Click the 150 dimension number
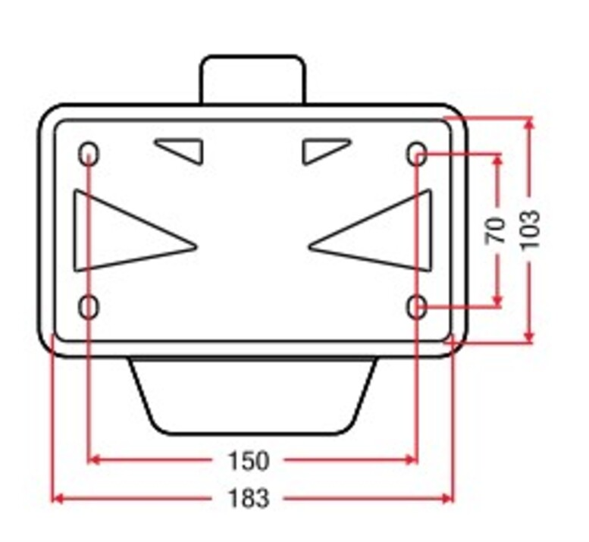coord(249,460)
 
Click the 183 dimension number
coord(249,498)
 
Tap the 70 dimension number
coord(496,230)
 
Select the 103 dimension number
coord(531,230)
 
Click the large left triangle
coord(75,230)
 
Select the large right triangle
coord(431,230)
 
